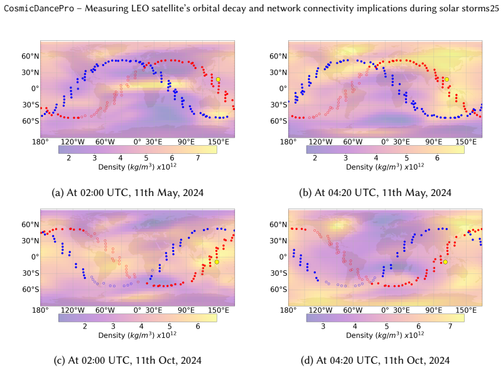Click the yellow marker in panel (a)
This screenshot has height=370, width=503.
pyautogui.click(x=218, y=79)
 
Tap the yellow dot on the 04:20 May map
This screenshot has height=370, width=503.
pyautogui.click(x=446, y=79)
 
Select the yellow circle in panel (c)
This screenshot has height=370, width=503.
pyautogui.click(x=217, y=262)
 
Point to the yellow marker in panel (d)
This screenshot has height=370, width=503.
pyautogui.click(x=445, y=262)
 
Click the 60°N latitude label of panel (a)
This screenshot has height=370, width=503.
pyautogui.click(x=31, y=56)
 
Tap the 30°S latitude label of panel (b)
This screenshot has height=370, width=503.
pyautogui.click(x=278, y=105)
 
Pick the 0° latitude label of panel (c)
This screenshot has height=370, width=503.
pyautogui.click(x=35, y=257)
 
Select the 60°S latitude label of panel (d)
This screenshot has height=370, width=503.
pyautogui.click(x=278, y=289)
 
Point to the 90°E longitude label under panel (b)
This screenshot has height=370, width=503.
pyautogui.click(x=434, y=142)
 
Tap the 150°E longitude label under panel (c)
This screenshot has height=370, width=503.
pyautogui.click(x=219, y=310)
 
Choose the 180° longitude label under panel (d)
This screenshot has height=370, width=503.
pyautogui.click(x=288, y=310)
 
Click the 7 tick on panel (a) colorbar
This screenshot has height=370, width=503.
pyautogui.click(x=198, y=158)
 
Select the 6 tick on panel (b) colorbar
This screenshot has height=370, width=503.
pyautogui.click(x=437, y=158)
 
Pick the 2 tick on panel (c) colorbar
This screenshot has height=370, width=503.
pyautogui.click(x=85, y=326)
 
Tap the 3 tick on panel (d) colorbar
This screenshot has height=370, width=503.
pyautogui.click(x=323, y=326)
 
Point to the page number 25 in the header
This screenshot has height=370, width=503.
pyautogui.click(x=494, y=8)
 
